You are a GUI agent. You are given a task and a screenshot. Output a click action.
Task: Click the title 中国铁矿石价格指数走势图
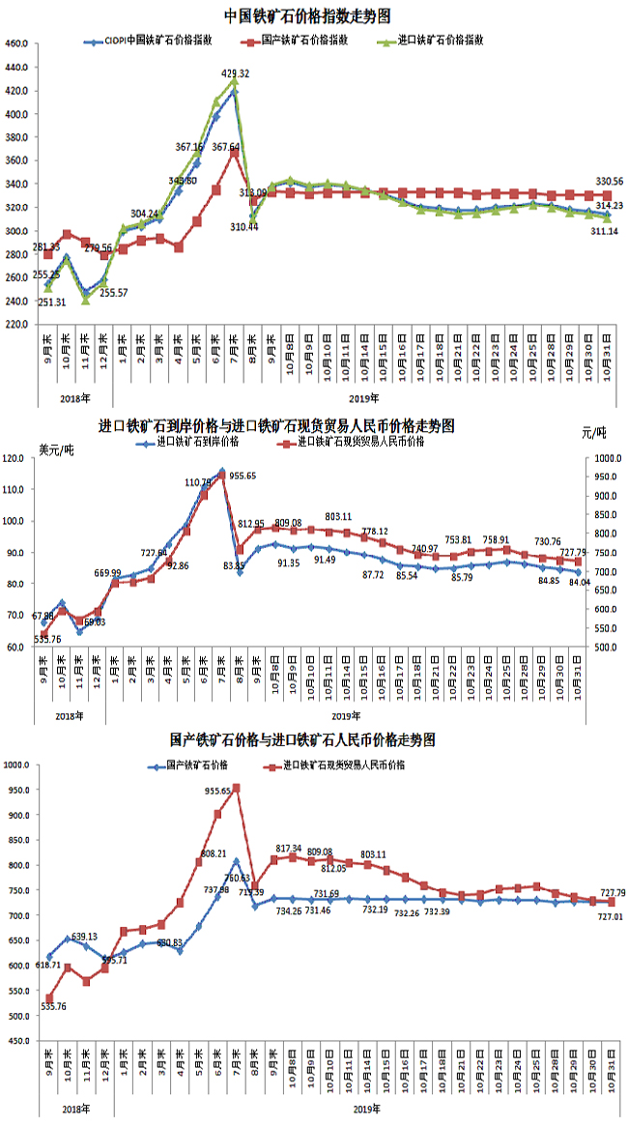tap(307, 16)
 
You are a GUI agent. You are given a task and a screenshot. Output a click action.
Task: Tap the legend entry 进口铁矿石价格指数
tap(440, 41)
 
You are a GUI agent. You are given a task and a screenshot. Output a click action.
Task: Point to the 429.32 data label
tap(236, 73)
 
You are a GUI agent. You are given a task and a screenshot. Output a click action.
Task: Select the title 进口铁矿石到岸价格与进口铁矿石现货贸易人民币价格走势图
tap(276, 425)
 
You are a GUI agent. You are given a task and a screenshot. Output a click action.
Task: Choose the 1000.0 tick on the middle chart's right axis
tap(604, 458)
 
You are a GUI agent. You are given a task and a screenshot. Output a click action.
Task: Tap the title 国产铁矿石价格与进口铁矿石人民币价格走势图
tap(302, 740)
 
